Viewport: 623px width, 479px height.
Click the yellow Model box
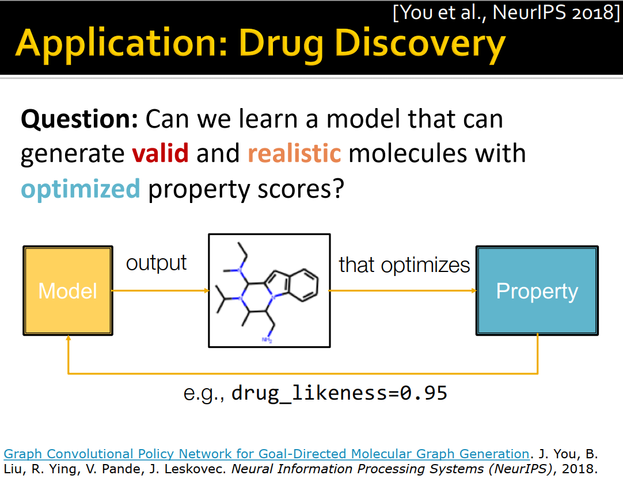[67, 290]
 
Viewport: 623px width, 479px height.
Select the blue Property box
[537, 290]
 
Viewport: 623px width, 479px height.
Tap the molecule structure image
[269, 290]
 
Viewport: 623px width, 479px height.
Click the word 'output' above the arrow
[156, 263]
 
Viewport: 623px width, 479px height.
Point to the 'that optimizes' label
[404, 265]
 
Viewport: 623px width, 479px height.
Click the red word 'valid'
[160, 154]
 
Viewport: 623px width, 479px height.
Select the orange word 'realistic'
[294, 154]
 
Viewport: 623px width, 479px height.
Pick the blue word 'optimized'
[81, 189]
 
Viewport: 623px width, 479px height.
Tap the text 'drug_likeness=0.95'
[339, 393]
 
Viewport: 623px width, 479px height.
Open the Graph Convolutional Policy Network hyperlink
[266, 454]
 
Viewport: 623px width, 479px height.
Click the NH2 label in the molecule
[267, 340]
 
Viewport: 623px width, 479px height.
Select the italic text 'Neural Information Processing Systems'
[390, 468]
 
